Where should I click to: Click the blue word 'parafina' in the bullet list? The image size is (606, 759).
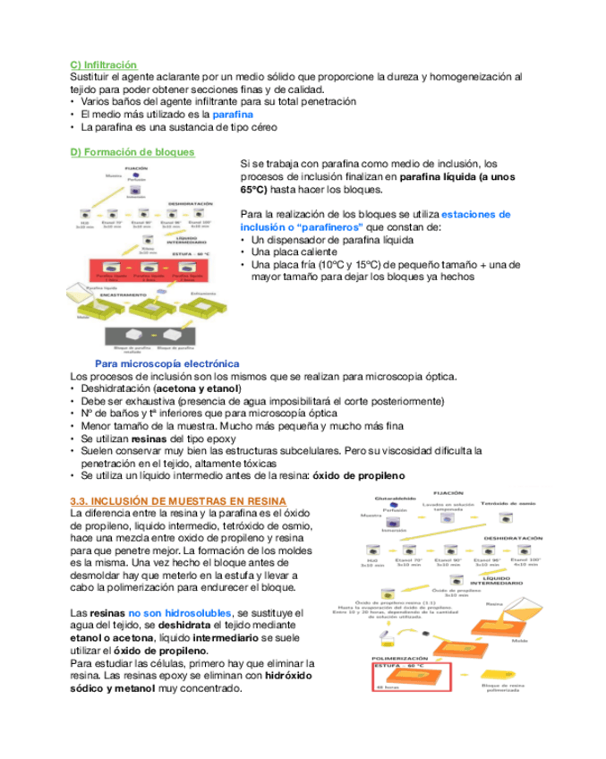[233, 115]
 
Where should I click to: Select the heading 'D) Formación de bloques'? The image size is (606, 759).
[132, 152]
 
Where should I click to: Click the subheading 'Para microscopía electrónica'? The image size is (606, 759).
[166, 363]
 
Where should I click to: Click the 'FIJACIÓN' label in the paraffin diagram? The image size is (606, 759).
[136, 167]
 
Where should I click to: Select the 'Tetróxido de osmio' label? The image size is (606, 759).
[521, 505]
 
